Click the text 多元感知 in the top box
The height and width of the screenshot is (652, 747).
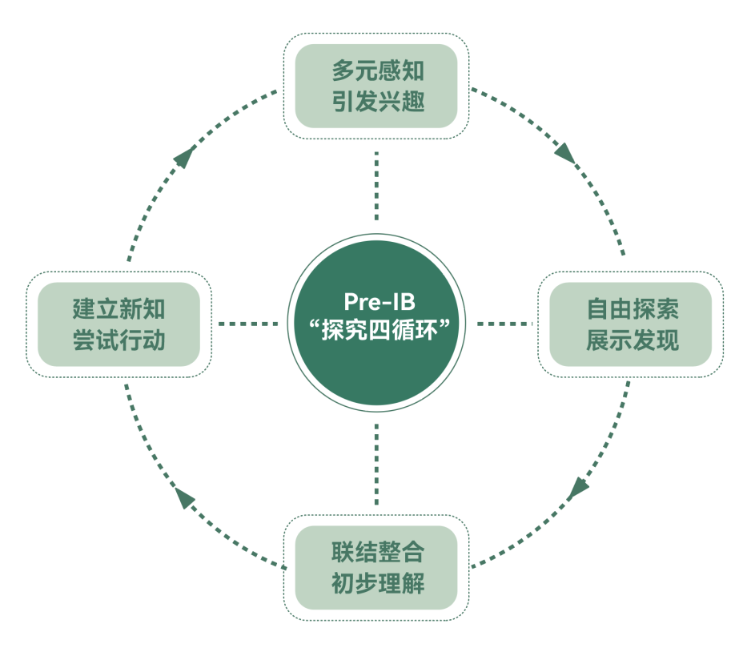tap(377, 71)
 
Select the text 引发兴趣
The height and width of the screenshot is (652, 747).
tap(377, 103)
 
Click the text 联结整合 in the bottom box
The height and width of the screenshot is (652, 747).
tap(377, 552)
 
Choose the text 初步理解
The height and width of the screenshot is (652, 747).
tap(377, 583)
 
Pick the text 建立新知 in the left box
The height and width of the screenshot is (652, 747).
tap(118, 309)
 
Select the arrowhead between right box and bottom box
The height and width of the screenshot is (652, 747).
tap(578, 487)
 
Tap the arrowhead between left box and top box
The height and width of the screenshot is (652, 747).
tap(185, 157)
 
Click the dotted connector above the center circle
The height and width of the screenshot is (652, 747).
tap(376, 187)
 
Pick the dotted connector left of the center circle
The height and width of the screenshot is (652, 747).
tap(248, 324)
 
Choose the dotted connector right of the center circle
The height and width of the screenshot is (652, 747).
tap(504, 324)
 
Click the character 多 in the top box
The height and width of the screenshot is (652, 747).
tap(343, 71)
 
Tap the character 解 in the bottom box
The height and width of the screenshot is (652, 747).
tap(412, 583)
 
